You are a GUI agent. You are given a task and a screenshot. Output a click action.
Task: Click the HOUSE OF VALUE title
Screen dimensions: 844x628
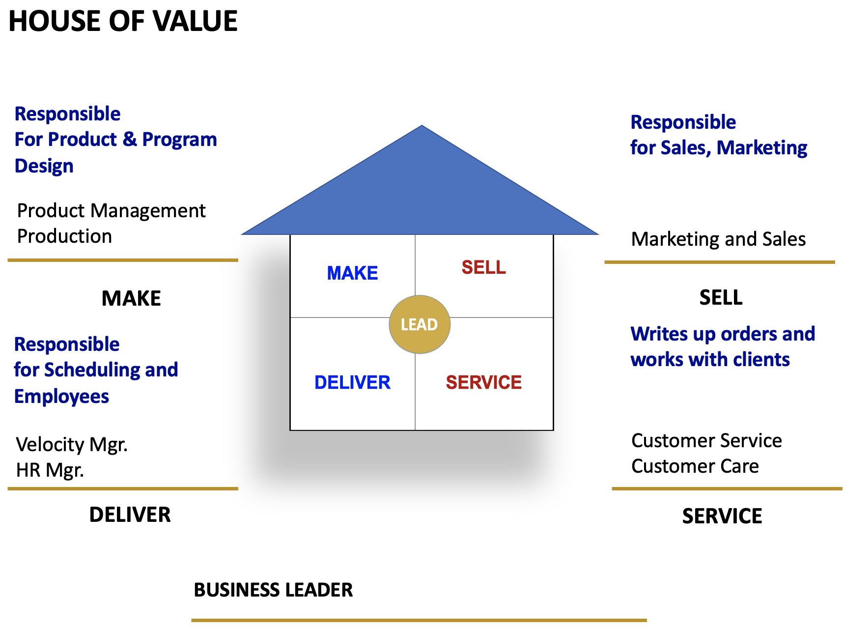123,21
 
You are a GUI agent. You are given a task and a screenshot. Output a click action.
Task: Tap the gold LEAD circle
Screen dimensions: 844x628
420,324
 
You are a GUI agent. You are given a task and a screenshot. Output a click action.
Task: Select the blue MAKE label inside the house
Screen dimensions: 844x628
352,273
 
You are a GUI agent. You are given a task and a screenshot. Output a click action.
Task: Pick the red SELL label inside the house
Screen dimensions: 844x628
483,267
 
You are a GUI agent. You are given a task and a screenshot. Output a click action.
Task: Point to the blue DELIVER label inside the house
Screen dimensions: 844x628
352,382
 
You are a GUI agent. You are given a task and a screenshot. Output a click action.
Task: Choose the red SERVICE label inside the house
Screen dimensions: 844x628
483,382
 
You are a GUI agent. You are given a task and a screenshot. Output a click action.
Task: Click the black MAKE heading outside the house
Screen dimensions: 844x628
131,298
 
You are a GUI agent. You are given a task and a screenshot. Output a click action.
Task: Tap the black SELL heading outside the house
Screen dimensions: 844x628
721,298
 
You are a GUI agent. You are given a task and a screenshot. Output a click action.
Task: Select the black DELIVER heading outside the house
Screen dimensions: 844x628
130,514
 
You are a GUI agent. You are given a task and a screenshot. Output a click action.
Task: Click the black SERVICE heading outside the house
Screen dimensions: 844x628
722,516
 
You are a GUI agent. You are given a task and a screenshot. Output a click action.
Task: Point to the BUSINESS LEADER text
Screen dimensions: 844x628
273,590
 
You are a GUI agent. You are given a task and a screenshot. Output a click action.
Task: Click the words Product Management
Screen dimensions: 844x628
111,211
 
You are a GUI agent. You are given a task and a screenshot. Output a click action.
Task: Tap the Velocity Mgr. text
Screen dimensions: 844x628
72,445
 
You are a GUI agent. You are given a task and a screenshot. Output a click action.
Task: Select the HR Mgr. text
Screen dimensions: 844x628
50,470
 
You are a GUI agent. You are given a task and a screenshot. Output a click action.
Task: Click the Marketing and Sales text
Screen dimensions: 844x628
718,239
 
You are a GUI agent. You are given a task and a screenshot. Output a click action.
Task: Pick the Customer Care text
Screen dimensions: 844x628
695,466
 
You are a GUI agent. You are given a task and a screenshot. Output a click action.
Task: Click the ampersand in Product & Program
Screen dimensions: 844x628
130,139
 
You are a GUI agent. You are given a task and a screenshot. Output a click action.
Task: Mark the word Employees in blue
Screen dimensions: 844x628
61,397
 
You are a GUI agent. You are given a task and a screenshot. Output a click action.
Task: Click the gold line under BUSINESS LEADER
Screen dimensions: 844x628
419,620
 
